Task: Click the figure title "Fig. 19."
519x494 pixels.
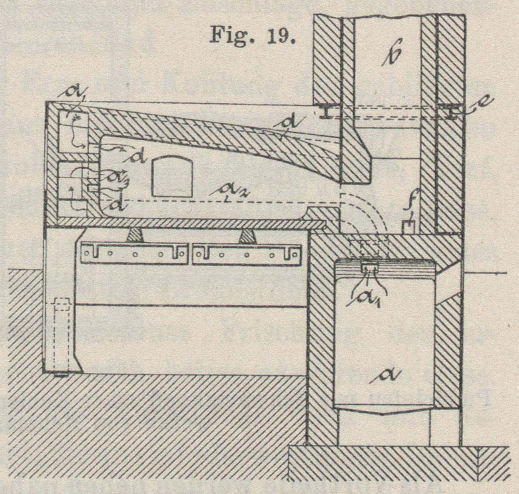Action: click(x=252, y=35)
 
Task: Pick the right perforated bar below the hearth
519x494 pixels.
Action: click(x=247, y=254)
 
